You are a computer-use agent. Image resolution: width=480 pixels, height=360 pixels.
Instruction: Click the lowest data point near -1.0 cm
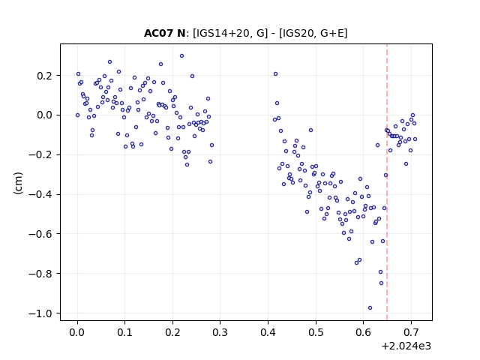point(370,308)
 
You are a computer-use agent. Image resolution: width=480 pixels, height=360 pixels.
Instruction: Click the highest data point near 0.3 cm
point(181,56)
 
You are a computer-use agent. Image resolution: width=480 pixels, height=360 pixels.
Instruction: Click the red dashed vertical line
point(387,182)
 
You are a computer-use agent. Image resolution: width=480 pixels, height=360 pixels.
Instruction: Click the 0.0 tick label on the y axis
point(44,115)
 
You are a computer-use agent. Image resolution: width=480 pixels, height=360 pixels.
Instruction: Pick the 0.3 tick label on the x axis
point(220,332)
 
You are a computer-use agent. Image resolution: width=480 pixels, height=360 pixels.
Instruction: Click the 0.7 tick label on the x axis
point(411,332)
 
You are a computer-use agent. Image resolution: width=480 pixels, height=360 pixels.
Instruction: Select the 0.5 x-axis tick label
point(316,332)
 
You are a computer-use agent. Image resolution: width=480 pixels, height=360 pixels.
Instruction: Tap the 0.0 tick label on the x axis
point(76,332)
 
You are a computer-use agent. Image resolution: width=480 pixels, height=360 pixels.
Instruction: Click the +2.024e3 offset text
point(406,346)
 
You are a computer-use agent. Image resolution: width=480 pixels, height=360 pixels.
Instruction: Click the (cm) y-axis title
point(18,183)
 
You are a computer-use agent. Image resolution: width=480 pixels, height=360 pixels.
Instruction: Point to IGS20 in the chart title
point(297,33)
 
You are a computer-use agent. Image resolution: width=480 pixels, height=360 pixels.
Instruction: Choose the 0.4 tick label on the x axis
point(268,332)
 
